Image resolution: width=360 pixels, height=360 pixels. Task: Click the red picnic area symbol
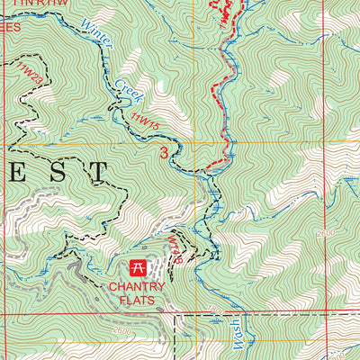[x=139, y=267]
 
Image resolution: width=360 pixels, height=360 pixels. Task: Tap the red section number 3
[x=164, y=153]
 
